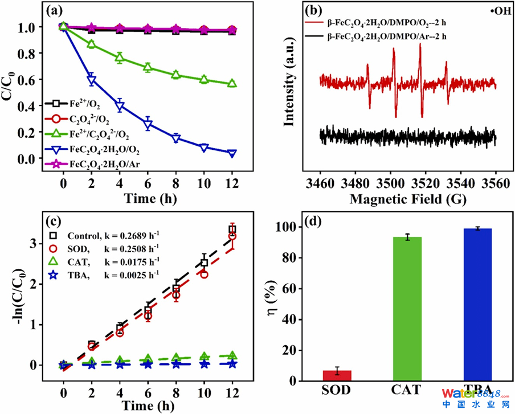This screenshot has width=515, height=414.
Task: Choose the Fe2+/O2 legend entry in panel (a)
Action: tap(78, 105)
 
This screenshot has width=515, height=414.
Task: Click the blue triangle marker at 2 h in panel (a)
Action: tap(91, 80)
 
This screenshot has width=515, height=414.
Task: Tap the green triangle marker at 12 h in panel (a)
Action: tap(232, 84)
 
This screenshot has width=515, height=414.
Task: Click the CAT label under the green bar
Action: tap(407, 390)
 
